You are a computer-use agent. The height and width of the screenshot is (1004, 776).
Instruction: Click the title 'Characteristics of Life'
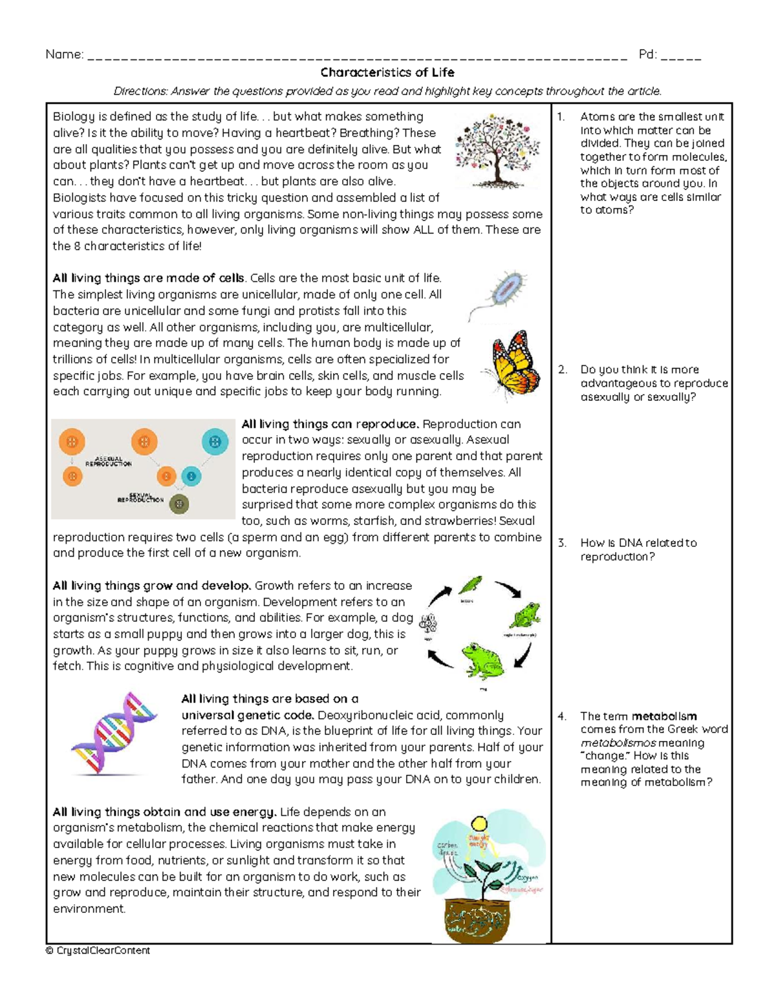pos(387,72)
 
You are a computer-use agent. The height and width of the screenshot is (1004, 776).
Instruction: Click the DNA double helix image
pos(114,733)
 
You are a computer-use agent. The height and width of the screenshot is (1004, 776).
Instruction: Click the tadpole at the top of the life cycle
pos(470,585)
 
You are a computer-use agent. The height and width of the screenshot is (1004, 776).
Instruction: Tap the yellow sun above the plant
pos(479,824)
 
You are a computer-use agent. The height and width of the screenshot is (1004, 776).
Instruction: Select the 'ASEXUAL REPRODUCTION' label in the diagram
pos(109,461)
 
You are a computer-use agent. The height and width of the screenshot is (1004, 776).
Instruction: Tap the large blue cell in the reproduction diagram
pos(215,443)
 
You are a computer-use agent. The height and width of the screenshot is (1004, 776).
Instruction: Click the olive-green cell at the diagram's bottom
pos(180,504)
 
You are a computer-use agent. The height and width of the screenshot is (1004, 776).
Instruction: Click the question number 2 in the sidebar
pos(562,370)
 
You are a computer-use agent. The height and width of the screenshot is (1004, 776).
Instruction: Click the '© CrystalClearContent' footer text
pos(98,950)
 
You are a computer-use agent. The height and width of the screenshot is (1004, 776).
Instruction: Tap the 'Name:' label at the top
pos(64,55)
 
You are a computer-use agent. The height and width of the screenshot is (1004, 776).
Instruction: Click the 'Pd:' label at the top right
pos(647,55)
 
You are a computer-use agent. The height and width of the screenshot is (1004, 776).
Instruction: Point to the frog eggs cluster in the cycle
pos(427,624)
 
